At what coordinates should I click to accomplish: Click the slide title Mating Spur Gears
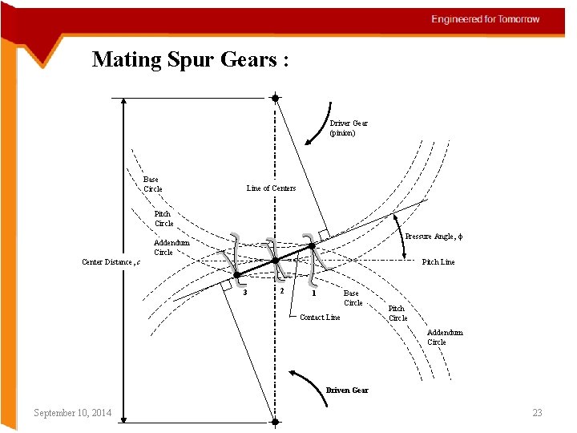click(190, 59)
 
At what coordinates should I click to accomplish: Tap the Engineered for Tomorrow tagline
click(486, 18)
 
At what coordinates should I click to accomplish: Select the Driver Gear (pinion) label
click(349, 127)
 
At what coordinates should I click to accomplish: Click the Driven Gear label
click(347, 391)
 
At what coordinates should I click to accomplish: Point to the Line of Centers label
click(271, 188)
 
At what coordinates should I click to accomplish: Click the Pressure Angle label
click(434, 237)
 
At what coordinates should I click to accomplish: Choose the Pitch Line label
click(438, 262)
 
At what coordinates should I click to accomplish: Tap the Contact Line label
click(320, 318)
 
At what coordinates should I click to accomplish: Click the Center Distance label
click(111, 262)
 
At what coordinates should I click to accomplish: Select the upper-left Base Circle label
click(152, 184)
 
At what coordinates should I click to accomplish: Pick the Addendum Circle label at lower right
click(445, 337)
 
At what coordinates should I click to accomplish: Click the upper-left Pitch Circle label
click(163, 218)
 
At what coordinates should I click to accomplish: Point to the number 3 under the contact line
click(245, 292)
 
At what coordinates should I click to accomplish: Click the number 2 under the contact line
click(281, 290)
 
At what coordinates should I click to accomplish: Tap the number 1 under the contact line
click(314, 293)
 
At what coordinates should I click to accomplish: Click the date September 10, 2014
click(72, 413)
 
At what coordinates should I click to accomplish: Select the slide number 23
click(537, 413)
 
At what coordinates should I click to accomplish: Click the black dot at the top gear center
click(275, 98)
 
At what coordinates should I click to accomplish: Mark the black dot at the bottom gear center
click(275, 422)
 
